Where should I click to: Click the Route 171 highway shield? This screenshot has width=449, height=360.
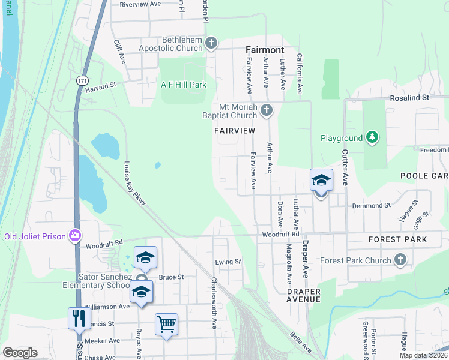81,80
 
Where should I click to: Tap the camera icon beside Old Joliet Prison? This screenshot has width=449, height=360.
75,236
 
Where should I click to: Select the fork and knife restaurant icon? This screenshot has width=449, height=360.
79,318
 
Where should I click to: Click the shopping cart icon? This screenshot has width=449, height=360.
166,325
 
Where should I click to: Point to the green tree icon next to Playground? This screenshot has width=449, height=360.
372,138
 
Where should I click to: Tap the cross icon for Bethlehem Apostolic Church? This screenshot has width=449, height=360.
211,43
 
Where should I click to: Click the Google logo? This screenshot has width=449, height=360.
20,353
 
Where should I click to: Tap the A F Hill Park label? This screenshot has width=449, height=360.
184,85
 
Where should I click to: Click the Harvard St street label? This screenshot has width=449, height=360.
100,88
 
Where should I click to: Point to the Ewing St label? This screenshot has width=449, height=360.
228,262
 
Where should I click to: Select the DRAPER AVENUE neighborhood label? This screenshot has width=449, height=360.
303,295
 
